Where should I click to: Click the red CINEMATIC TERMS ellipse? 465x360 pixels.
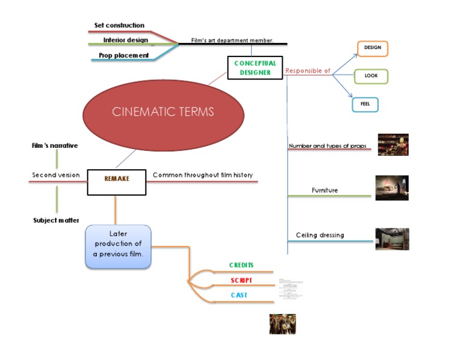pos(163,112)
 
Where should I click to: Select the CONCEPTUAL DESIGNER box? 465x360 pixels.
pos(255,68)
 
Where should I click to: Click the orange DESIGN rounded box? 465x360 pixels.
pos(372,48)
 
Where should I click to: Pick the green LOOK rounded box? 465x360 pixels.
pos(371,76)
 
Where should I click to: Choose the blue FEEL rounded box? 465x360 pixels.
pos(365,104)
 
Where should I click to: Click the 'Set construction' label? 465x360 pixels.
pos(119,25)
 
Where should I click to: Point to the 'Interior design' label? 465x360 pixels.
pos(125,40)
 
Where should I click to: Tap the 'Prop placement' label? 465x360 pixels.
pos(124,55)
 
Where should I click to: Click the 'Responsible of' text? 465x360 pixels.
pos(308,71)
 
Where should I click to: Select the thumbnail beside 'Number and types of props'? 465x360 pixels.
pos(393,145)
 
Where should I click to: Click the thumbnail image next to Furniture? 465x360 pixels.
pos(392,188)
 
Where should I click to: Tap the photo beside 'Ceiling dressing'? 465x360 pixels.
pos(392,239)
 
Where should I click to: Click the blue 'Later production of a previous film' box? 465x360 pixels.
pos(118,247)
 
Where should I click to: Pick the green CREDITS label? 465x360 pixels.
pos(241,265)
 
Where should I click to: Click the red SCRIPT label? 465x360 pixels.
pos(242,281)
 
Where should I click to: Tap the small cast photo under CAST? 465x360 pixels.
pos(282,324)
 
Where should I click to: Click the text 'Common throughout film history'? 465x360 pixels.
pos(202,175)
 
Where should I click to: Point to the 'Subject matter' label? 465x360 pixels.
pos(56,221)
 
